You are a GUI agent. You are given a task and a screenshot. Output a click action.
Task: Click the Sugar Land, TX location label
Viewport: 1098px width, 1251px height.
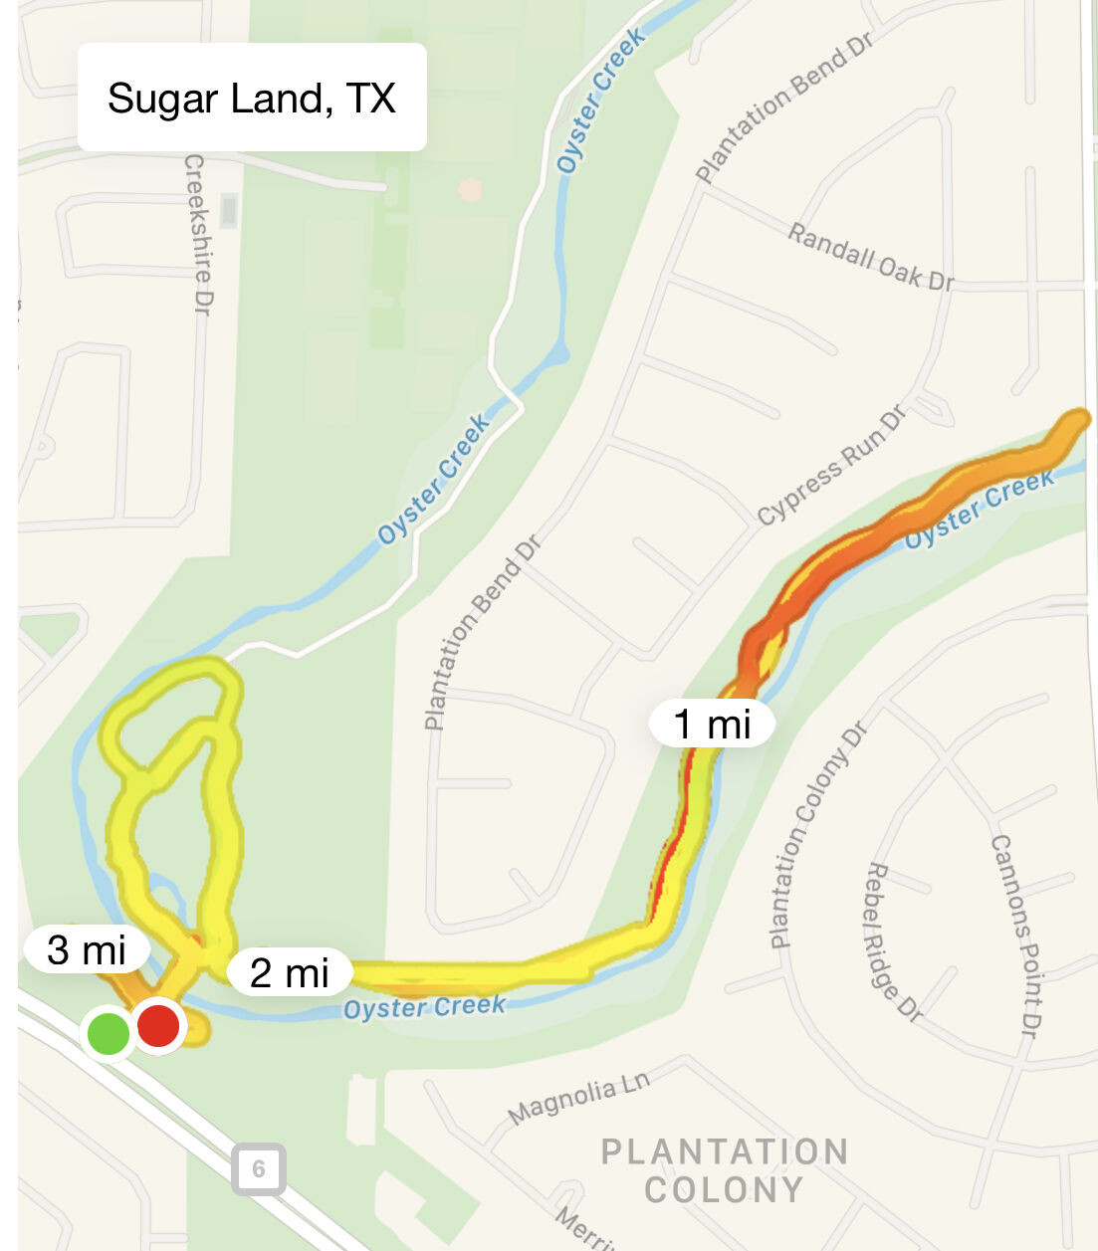251,98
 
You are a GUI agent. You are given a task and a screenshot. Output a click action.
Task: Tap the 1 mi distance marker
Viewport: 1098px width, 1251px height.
712,724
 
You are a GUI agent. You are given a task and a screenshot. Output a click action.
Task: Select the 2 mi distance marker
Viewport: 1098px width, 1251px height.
289,972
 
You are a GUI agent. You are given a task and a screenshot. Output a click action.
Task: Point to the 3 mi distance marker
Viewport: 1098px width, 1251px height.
87,949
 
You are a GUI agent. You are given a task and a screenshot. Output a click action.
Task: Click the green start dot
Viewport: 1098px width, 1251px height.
109,1033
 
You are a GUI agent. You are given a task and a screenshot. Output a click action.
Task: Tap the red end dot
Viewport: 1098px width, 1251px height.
158,1026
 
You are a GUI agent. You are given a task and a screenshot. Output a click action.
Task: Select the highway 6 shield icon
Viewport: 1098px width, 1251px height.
259,1168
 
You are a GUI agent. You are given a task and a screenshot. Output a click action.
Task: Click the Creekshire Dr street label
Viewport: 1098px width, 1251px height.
198,235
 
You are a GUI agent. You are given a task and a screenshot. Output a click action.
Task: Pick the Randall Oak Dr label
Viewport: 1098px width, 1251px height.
871,257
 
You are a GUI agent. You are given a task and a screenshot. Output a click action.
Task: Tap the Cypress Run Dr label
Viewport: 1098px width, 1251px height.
832,465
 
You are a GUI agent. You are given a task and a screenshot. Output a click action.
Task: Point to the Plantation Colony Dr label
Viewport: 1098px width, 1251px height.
818,835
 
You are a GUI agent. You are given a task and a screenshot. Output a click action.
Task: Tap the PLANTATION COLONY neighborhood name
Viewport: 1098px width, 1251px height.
724,1170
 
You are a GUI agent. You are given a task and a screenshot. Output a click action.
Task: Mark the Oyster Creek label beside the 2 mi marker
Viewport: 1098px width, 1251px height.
425,1008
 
